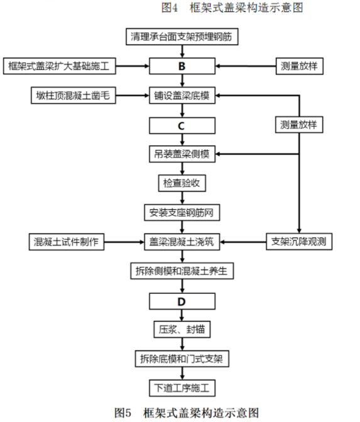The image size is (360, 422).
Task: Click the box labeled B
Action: pos(182,66)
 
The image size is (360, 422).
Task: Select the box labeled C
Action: pos(182,126)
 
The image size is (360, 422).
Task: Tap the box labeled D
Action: pos(182,301)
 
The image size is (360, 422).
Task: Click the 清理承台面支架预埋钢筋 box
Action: pos(182,36)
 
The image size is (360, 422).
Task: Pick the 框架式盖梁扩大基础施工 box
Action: pos(60,66)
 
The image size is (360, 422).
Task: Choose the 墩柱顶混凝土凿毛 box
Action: pos(74,95)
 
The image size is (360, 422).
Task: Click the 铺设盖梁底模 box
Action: pos(182,95)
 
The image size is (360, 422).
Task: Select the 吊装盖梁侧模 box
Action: pos(182,154)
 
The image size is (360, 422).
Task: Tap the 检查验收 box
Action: pos(182,183)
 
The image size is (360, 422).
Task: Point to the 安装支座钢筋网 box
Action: pos(182,213)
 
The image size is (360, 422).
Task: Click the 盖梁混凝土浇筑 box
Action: pos(182,242)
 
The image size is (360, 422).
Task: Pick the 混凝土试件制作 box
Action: pos(67,242)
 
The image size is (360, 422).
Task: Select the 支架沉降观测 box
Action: pos(299,241)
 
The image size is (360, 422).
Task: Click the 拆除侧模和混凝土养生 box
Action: pos(182,271)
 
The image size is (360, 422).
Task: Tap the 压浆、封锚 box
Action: pos(182,330)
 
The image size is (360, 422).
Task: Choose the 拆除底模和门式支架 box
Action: pos(182,359)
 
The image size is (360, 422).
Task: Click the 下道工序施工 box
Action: pos(182,388)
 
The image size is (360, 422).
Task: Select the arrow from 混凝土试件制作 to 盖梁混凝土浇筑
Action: pos(124,242)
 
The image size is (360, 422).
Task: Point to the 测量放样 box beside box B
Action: pos(300,66)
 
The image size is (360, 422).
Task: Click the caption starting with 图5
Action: pos(187,413)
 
